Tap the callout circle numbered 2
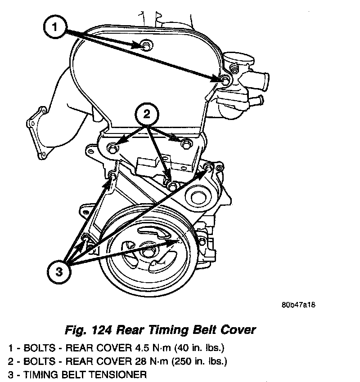coord(147,115)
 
